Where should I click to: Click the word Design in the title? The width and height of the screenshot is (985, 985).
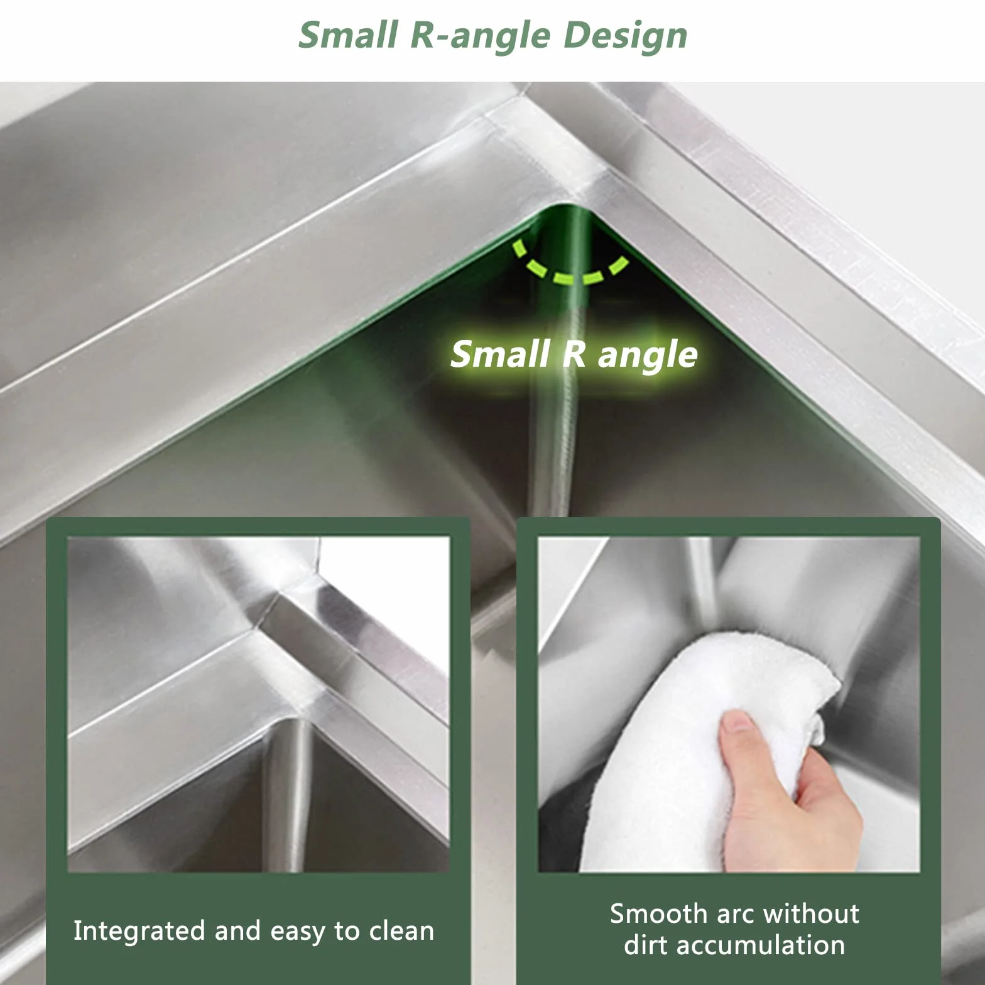click(625, 35)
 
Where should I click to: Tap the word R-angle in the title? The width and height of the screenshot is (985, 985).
click(480, 35)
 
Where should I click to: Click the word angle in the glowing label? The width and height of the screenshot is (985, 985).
click(648, 356)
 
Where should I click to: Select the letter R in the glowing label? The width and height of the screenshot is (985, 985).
click(574, 353)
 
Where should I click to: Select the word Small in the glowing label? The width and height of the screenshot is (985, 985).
click(501, 353)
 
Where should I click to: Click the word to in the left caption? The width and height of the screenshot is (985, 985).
click(347, 932)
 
